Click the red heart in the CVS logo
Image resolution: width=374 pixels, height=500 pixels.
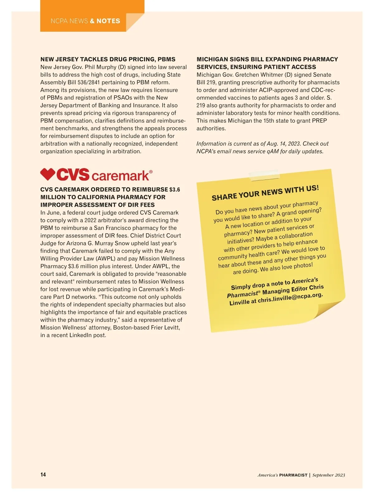tap(48, 174)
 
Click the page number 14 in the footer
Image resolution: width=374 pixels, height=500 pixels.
tap(43, 474)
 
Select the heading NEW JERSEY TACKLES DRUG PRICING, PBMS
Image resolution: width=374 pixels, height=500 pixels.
tap(108, 59)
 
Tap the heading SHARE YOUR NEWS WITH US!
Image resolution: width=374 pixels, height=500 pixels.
tap(265, 193)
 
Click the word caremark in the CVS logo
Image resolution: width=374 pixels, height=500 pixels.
tap(121, 176)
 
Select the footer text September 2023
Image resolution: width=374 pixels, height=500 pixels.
tap(328, 475)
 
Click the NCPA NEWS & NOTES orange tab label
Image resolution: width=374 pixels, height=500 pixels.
tap(85, 21)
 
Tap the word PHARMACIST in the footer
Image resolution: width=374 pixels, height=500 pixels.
tap(293, 475)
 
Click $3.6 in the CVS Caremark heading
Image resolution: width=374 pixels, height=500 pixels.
tap(175, 190)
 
